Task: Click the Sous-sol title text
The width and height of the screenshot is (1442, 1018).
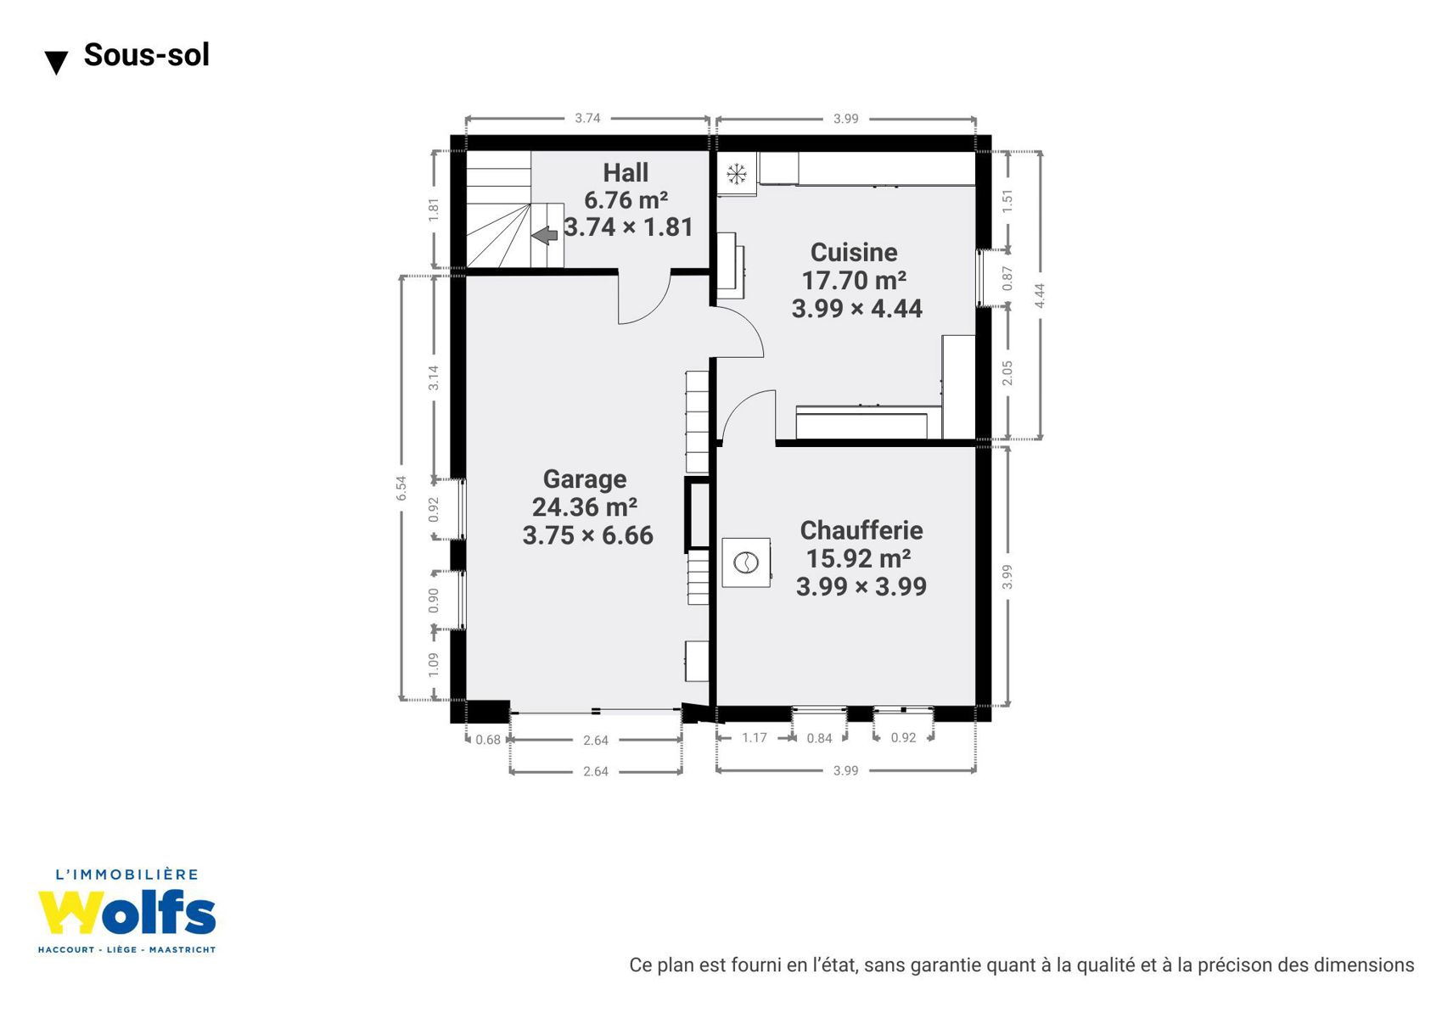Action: coord(146,54)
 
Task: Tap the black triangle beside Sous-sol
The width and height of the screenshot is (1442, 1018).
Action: coord(57,63)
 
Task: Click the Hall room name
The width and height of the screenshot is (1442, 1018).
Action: coord(625,173)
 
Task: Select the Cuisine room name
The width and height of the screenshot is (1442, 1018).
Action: coord(854,252)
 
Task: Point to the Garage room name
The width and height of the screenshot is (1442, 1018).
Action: coord(585,479)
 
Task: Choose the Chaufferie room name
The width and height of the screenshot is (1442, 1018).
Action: coord(861,530)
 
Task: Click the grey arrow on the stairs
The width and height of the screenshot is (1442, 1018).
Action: coord(545,236)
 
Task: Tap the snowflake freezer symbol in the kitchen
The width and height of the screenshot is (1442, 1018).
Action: coord(737,174)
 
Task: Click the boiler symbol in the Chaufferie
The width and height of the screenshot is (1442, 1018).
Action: coord(745,562)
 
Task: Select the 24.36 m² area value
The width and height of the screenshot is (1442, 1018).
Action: coord(585,507)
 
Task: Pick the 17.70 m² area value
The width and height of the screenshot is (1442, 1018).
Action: coord(854,281)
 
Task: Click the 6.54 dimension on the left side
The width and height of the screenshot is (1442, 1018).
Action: coord(401,488)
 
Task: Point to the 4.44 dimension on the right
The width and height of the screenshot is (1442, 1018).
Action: coord(1040,295)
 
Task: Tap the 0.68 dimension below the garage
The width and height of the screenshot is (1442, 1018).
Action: coord(488,740)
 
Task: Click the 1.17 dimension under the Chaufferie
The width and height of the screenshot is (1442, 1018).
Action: coord(755,737)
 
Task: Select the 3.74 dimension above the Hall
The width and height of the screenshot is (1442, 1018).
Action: coord(587,119)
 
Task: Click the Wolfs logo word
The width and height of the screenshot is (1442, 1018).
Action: coord(126,913)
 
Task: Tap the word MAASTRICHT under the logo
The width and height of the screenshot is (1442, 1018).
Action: coord(182,950)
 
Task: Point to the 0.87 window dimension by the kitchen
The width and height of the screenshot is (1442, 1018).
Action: coord(1007,278)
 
